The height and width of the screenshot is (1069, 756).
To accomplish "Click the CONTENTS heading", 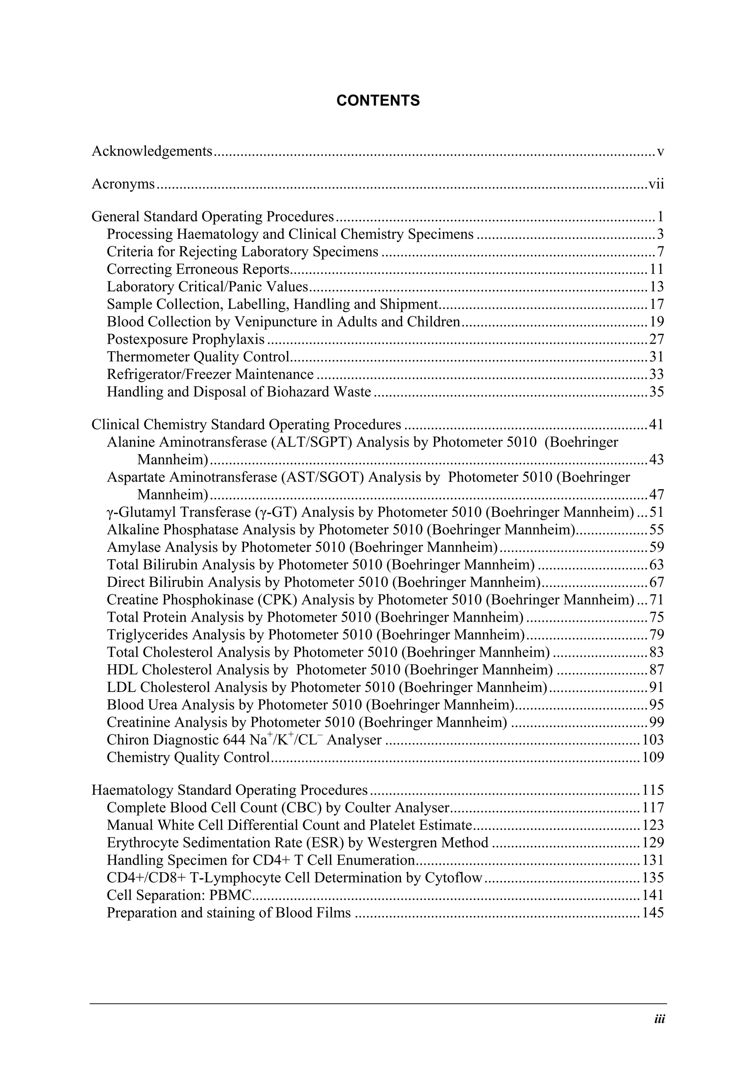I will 378,101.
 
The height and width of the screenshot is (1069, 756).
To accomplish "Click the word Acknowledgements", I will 152,151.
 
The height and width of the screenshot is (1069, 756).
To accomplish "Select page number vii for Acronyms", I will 656,184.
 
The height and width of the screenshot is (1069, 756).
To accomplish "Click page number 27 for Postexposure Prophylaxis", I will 656,339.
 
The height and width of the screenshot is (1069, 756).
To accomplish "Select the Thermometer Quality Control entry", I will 198,357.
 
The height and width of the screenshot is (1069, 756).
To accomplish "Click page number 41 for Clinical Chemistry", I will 656,425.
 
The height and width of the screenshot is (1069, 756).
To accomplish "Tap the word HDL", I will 122,670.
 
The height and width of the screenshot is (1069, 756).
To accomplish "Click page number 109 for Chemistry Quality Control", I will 653,758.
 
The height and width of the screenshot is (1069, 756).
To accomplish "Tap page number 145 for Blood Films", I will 653,913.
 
